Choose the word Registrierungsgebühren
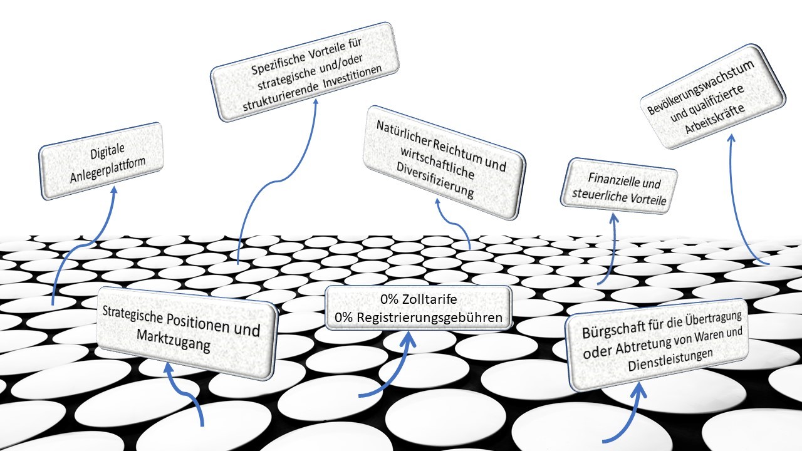pyautogui.click(x=429, y=318)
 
